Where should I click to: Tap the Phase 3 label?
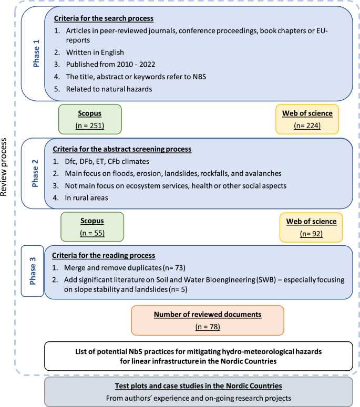pyautogui.click(x=33, y=270)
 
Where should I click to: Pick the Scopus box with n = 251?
pyautogui.click(x=89, y=120)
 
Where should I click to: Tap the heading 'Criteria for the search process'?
pyautogui.click(x=104, y=19)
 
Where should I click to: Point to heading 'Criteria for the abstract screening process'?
pyautogui.click(x=122, y=149)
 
